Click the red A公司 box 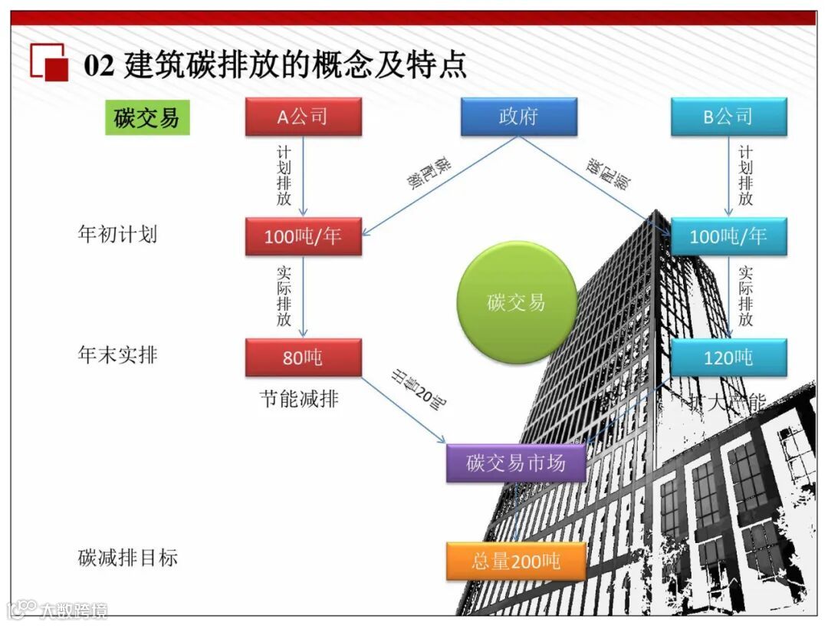[x=303, y=117]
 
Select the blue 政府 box [x=518, y=117]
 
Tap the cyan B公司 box [x=728, y=117]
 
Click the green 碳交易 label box [x=147, y=118]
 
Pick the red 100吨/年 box [x=303, y=236]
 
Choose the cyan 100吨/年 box [x=728, y=236]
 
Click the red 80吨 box [x=303, y=357]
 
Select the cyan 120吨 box [x=728, y=357]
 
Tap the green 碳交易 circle [x=516, y=302]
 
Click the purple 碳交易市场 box [x=516, y=463]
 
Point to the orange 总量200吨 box [x=516, y=562]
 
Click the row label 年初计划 [x=117, y=233]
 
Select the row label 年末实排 [x=117, y=354]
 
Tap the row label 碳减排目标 [x=128, y=558]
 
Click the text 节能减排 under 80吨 [x=299, y=399]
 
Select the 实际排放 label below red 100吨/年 [x=284, y=296]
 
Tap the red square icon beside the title [x=50, y=63]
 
